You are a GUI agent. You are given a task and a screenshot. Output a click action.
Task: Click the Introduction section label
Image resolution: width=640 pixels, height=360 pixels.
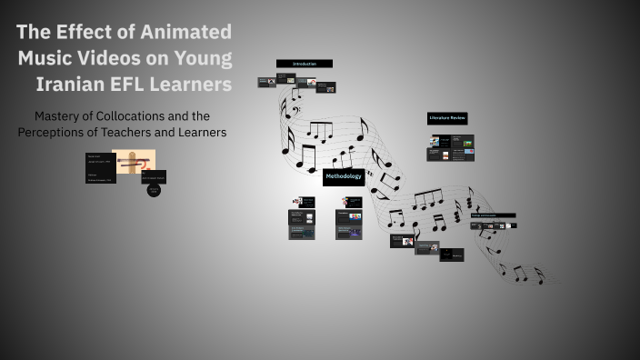tap(304, 64)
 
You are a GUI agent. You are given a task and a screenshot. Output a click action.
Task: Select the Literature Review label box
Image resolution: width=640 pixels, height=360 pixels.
tap(447, 118)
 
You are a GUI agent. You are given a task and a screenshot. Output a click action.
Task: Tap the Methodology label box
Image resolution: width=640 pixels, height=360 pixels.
tap(344, 176)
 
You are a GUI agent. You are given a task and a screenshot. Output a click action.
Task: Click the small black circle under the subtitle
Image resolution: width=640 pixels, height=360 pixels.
tap(154, 190)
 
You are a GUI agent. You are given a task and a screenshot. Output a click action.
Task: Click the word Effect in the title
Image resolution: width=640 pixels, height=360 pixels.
tap(87, 32)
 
